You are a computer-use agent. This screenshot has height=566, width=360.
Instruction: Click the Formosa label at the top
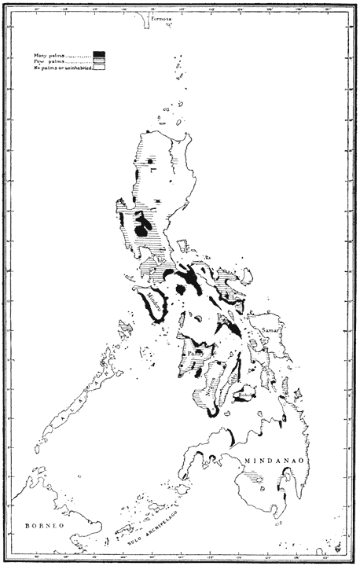pyautogui.click(x=161, y=24)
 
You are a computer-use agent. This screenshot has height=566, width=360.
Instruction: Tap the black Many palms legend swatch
pyautogui.click(x=100, y=53)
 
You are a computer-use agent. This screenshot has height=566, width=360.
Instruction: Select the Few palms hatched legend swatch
pyautogui.click(x=100, y=61)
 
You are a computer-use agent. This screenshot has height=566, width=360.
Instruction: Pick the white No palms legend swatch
pyautogui.click(x=100, y=68)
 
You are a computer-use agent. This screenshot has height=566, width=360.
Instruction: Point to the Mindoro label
pyautogui.click(x=154, y=301)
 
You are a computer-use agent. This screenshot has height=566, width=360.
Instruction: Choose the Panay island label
pyautogui.click(x=195, y=354)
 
